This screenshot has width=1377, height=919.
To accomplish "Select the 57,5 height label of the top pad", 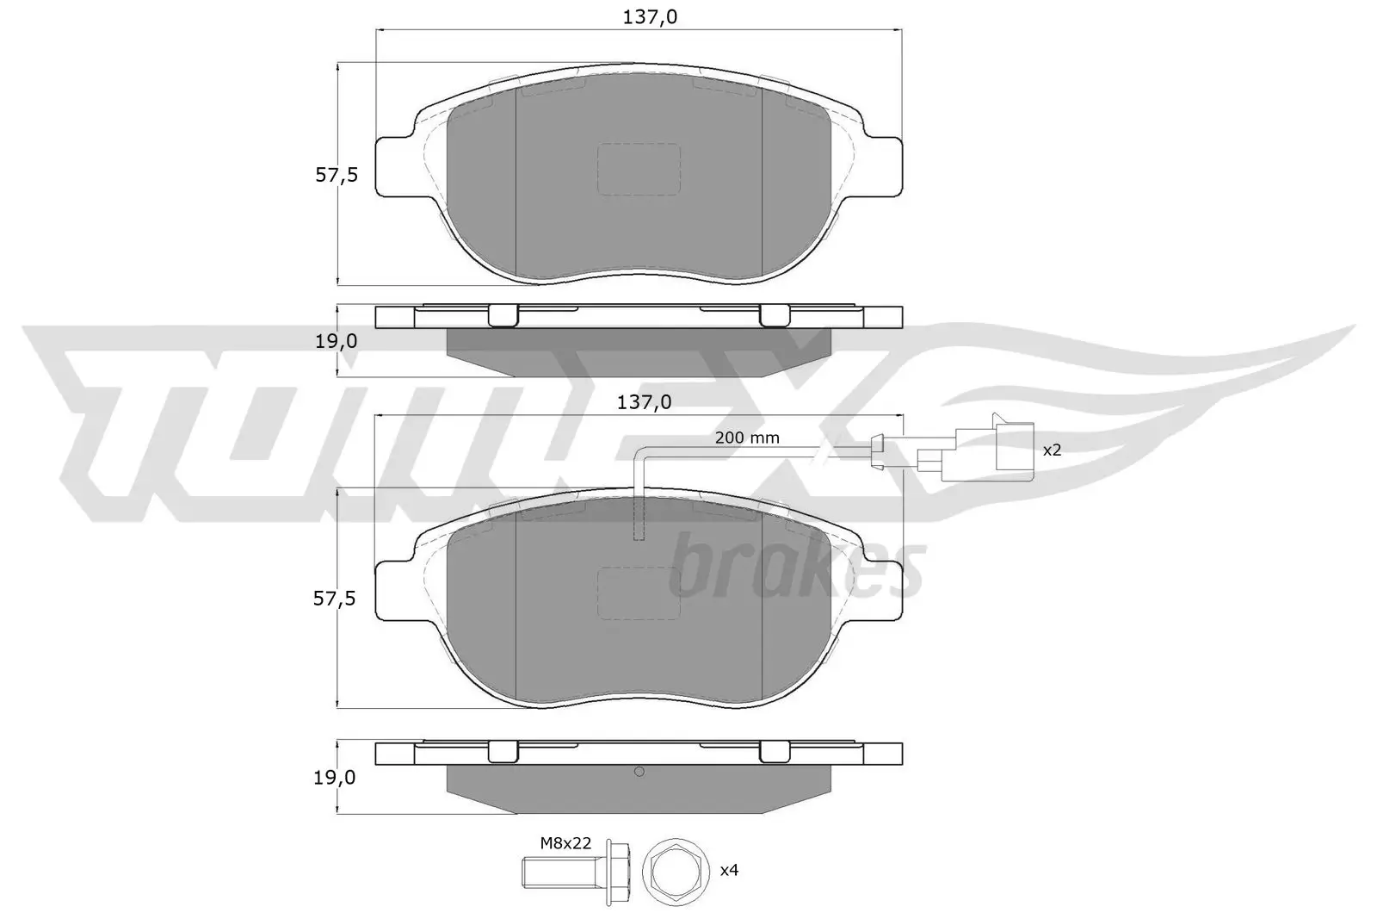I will (x=336, y=175).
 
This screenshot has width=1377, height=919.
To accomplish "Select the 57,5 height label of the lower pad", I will (x=335, y=599).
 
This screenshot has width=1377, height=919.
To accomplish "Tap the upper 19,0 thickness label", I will (x=336, y=341).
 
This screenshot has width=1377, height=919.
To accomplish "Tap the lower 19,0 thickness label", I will (x=336, y=778).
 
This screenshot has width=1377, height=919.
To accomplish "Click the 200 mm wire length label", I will (x=747, y=438).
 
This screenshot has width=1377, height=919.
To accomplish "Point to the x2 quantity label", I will (x=1052, y=450).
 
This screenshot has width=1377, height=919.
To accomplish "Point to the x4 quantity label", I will (x=729, y=870).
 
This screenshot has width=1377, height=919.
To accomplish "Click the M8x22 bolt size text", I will (x=565, y=843).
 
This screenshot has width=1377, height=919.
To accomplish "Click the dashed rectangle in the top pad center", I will (x=639, y=169).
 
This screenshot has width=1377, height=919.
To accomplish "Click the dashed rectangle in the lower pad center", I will (x=639, y=593).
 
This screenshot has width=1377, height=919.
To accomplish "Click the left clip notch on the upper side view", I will (x=503, y=316).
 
